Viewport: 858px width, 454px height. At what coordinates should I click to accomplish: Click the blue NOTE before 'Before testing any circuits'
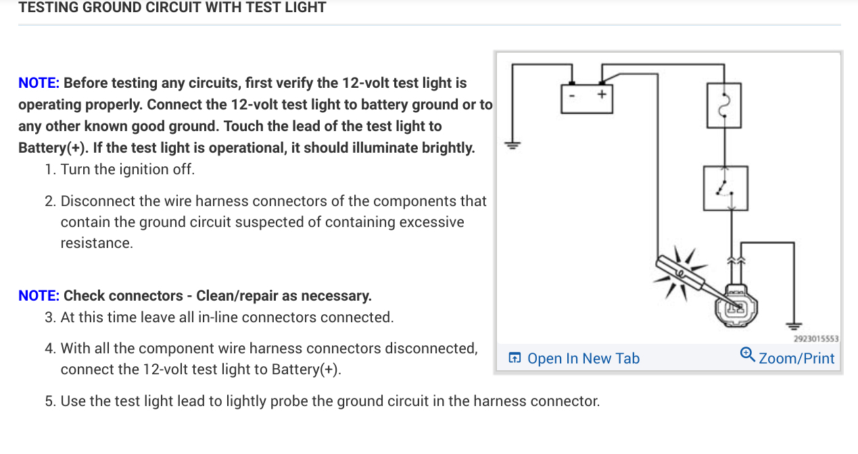point(39,83)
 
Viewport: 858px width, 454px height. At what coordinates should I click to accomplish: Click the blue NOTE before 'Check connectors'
point(39,296)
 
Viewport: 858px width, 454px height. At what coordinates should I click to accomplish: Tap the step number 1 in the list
point(50,170)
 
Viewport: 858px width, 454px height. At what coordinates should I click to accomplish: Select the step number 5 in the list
point(50,401)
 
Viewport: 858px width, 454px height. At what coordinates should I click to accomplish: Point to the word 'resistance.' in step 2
point(97,243)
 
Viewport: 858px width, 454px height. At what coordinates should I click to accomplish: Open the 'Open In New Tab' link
point(583,359)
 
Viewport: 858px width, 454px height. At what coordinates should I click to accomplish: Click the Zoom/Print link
point(796,359)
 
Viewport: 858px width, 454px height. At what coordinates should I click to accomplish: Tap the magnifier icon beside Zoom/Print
point(748,355)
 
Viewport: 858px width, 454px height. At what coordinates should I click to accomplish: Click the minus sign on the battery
point(572,97)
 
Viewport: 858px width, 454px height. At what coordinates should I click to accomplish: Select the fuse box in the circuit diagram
point(724,105)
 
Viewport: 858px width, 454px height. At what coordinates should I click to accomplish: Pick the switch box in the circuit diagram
point(724,188)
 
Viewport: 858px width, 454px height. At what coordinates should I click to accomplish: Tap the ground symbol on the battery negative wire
point(512,145)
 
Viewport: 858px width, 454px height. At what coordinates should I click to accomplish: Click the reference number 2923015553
point(815,338)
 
